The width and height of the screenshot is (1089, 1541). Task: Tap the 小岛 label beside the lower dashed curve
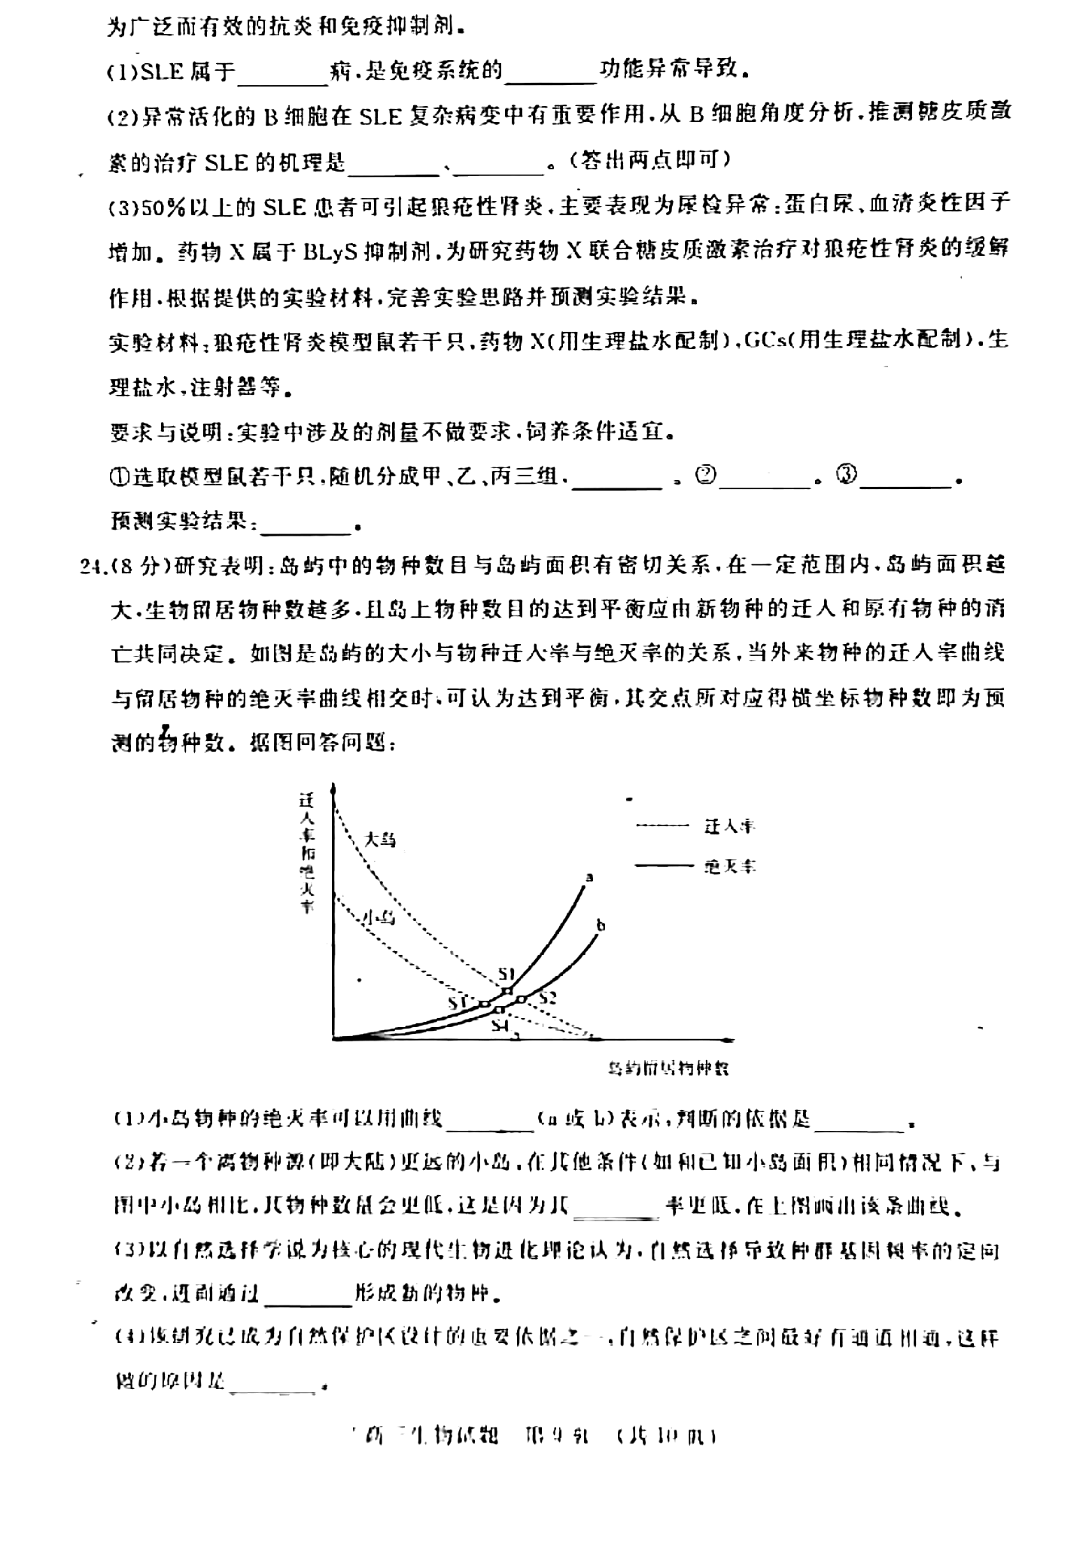[x=379, y=917]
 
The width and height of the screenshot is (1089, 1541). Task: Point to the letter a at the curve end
[x=589, y=877]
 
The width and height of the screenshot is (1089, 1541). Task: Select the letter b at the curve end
[x=601, y=925]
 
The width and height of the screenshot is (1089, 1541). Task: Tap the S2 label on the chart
[x=547, y=998]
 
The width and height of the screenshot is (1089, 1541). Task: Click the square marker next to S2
[x=522, y=999]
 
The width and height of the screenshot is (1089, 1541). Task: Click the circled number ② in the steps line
[x=705, y=476]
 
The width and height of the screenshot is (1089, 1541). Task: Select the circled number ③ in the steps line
[x=847, y=476]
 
